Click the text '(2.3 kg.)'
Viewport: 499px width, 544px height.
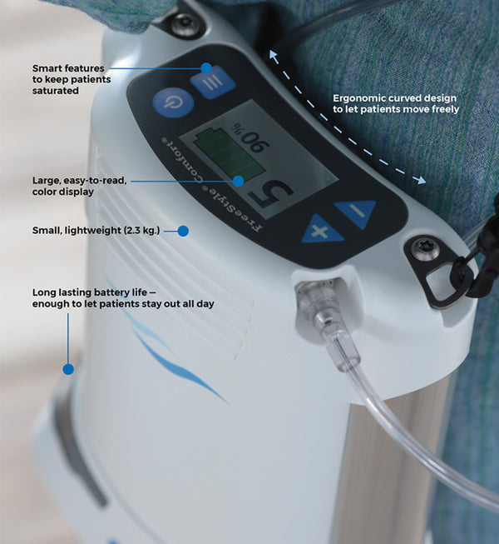tap(145, 230)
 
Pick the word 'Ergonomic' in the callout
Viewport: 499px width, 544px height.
tap(361, 97)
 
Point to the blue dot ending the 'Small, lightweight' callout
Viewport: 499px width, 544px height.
tap(183, 230)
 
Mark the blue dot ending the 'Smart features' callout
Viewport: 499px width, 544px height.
tap(205, 68)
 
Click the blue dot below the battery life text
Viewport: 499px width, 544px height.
tap(68, 368)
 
